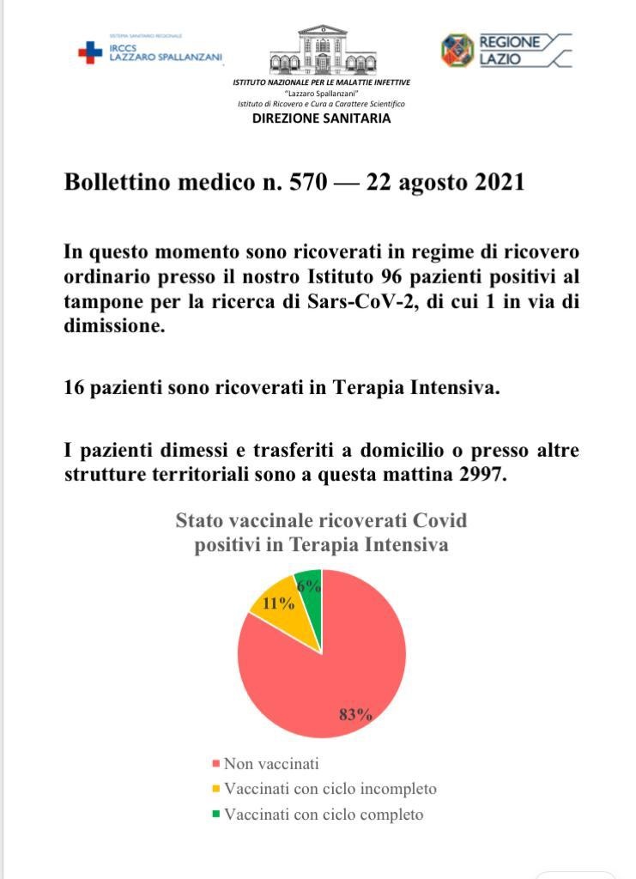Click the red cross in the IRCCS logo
click(89, 53)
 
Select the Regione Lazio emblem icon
click(457, 50)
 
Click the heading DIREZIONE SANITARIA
click(321, 118)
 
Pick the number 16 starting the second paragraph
click(75, 388)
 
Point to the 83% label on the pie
click(355, 714)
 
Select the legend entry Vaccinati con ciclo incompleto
click(330, 789)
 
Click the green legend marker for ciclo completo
click(216, 814)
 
